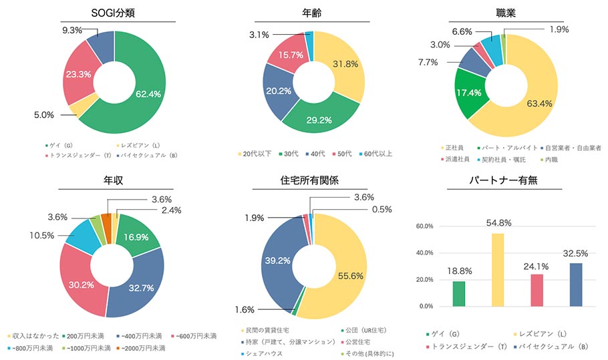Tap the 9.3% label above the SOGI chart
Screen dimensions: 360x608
72,30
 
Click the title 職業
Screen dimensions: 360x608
506,13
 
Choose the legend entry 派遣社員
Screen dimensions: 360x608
460,160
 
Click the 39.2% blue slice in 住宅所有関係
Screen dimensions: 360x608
273,260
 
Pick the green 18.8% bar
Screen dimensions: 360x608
458,294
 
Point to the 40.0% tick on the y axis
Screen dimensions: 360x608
425,253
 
